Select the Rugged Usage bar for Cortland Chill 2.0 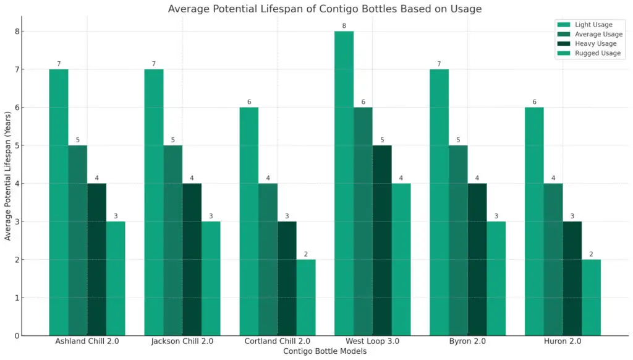(306, 298)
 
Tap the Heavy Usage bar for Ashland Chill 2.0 (96, 259)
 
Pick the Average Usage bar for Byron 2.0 (458, 241)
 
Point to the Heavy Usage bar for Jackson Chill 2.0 (192, 259)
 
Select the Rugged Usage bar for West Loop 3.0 (401, 259)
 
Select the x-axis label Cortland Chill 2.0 (278, 341)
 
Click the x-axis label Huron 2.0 (563, 341)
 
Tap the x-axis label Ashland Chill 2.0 (87, 341)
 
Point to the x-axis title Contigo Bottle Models (325, 351)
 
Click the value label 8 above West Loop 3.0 (344, 25)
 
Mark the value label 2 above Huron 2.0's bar (592, 254)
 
